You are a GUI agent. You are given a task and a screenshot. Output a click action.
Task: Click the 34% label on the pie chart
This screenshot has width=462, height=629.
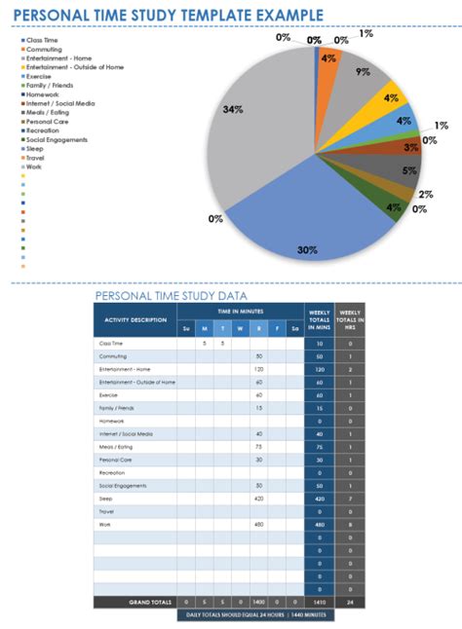click(232, 109)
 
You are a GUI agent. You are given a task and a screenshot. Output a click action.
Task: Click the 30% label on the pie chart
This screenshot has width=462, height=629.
click(307, 249)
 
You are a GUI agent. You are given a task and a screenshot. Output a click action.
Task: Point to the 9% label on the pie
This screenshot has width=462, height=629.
click(363, 71)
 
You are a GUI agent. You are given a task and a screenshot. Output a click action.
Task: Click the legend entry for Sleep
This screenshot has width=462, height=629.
click(35, 148)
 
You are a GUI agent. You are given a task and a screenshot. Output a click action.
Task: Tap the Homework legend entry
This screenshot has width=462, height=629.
click(42, 94)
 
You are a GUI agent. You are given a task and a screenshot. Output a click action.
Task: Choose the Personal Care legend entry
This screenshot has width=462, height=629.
click(47, 121)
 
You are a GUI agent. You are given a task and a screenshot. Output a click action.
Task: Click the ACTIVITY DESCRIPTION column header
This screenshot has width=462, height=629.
click(135, 319)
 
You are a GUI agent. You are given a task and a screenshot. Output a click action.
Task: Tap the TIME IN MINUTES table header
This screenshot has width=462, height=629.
click(240, 310)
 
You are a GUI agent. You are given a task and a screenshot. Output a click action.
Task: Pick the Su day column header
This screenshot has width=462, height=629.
click(186, 329)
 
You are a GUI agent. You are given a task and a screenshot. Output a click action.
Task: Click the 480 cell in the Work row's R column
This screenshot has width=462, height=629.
click(259, 525)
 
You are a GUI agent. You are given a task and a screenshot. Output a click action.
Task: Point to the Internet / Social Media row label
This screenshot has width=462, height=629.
click(124, 433)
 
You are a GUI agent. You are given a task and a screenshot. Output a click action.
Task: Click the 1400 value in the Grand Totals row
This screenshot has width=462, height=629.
click(259, 603)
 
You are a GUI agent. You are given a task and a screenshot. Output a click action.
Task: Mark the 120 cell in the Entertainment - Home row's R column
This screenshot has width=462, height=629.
click(259, 369)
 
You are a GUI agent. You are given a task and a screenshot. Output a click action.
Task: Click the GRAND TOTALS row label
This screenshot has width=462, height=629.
click(151, 603)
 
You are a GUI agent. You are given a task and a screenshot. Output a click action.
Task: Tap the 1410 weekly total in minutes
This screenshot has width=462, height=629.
click(320, 603)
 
